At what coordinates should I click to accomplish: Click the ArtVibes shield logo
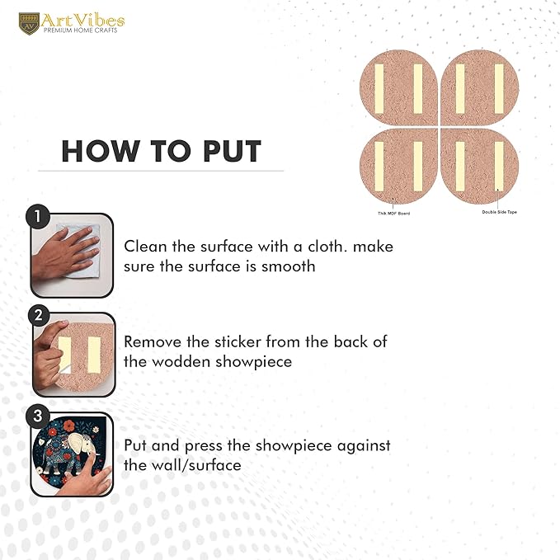pos(29,24)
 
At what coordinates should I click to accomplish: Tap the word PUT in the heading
pos(233,152)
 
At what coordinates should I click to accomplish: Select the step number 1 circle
pos(38,216)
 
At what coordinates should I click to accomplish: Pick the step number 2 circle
pos(39,315)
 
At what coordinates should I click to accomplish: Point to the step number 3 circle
pos(37,416)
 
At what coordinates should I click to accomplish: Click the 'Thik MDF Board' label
pos(394,214)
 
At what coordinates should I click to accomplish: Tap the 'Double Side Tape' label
pos(499,212)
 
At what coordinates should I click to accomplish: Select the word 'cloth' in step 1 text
pos(327,247)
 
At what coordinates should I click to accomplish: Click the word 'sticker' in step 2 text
pos(238,341)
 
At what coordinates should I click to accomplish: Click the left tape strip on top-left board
pos(379,89)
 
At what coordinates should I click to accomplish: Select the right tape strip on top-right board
pos(499,89)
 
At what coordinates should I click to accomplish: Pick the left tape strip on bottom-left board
pos(379,167)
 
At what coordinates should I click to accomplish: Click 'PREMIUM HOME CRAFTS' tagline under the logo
pos(80,31)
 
